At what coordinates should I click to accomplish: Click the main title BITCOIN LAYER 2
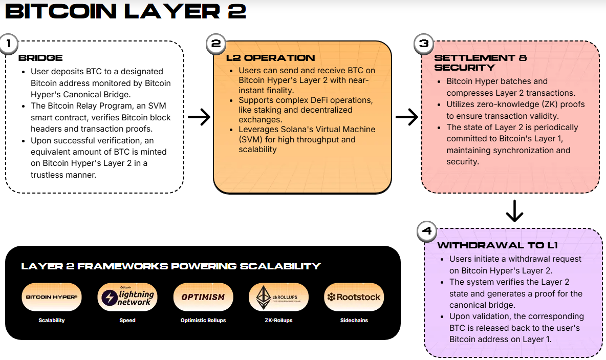125,11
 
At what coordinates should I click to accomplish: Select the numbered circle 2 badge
215,44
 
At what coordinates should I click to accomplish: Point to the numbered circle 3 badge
423,44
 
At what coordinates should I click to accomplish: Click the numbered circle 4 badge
427,231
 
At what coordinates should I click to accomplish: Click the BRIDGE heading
40,58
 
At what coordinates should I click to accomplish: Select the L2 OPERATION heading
270,58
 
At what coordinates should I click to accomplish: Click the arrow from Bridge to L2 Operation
199,117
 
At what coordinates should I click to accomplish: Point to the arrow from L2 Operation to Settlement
407,117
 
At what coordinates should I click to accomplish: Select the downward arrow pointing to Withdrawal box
514,210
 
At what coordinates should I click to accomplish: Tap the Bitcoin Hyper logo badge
52,297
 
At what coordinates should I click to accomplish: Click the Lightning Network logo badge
127,297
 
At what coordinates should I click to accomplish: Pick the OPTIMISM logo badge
203,297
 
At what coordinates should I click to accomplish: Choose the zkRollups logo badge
278,297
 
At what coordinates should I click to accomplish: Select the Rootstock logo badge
354,297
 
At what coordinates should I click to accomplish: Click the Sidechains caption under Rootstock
354,320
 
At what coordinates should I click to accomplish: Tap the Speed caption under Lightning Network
127,320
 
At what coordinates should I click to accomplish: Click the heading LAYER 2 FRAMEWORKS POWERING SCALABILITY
170,266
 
